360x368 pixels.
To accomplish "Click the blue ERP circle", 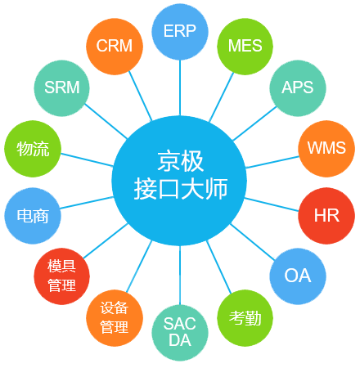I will click(180, 32).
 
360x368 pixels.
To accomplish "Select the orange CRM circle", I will click(114, 46).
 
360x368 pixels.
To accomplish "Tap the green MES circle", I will click(245, 46).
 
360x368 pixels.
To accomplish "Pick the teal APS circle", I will click(298, 88).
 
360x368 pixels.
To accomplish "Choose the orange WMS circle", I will click(326, 149).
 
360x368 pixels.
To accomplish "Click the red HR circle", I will click(326, 216).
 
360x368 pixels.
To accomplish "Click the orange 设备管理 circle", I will click(114, 317).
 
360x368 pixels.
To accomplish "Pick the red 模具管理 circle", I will click(61, 276).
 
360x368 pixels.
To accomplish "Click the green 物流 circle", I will click(33, 149).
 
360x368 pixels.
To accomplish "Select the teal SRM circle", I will click(61, 88).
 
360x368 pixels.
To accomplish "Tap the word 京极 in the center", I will click(180, 160).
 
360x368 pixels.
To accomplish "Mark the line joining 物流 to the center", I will click(86, 160).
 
